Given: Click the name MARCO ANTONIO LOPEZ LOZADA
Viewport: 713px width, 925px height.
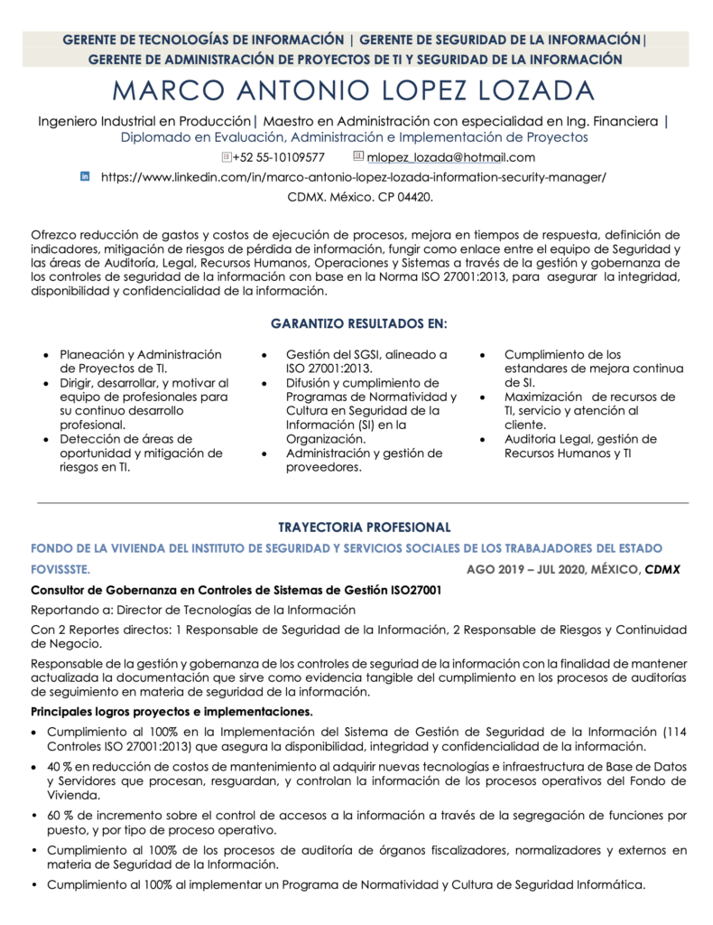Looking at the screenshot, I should (x=356, y=91).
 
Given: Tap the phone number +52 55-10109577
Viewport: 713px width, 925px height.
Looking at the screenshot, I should (x=279, y=157).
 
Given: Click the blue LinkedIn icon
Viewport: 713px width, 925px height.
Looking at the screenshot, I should (x=86, y=177).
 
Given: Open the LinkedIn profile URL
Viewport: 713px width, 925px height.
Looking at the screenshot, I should (x=353, y=177).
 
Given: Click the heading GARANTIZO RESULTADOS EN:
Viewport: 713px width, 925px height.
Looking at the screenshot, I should (x=359, y=322).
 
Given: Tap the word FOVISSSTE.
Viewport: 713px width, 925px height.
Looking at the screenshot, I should (x=60, y=570).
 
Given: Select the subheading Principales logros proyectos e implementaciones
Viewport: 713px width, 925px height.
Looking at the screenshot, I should (x=171, y=712).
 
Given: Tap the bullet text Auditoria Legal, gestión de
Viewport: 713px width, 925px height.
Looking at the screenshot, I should (x=580, y=439).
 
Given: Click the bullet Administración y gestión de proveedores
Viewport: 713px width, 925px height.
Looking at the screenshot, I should (x=364, y=460).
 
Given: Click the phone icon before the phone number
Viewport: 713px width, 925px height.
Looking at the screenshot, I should (x=226, y=157).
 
